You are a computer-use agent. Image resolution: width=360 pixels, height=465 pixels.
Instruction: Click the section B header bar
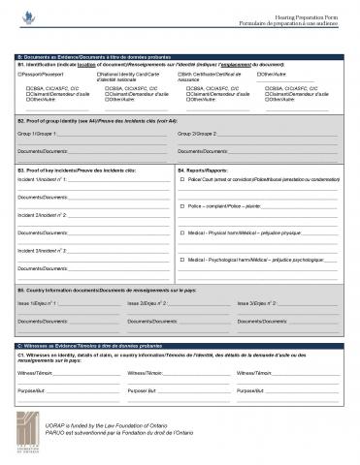pos(180,57)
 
